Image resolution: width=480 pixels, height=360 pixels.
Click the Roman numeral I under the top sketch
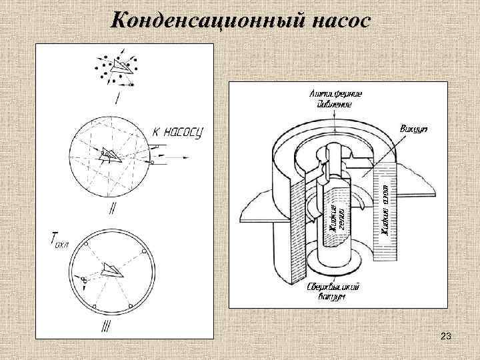(117, 100)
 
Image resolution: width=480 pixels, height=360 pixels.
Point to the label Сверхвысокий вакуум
(333, 291)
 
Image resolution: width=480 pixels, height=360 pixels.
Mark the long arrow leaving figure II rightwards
(175, 159)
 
